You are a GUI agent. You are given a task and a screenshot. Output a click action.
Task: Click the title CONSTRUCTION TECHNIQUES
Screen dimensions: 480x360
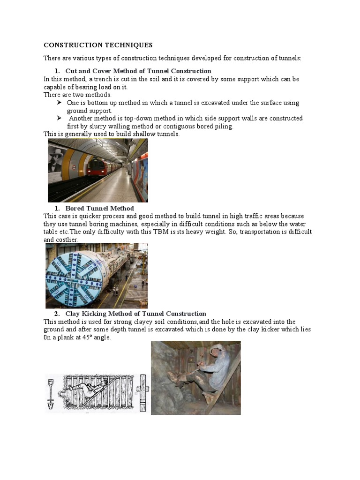click(x=98, y=45)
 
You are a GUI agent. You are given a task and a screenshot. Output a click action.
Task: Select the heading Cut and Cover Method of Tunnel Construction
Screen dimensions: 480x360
click(x=138, y=71)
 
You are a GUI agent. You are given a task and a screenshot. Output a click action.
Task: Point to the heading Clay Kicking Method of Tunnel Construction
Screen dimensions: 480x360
click(x=135, y=314)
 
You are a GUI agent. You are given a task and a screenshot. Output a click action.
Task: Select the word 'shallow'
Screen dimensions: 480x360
click(x=140, y=134)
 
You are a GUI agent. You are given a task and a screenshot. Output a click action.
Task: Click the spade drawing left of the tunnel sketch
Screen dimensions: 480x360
click(x=51, y=393)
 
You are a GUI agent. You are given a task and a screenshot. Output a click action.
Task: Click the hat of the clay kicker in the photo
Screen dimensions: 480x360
click(x=217, y=348)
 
